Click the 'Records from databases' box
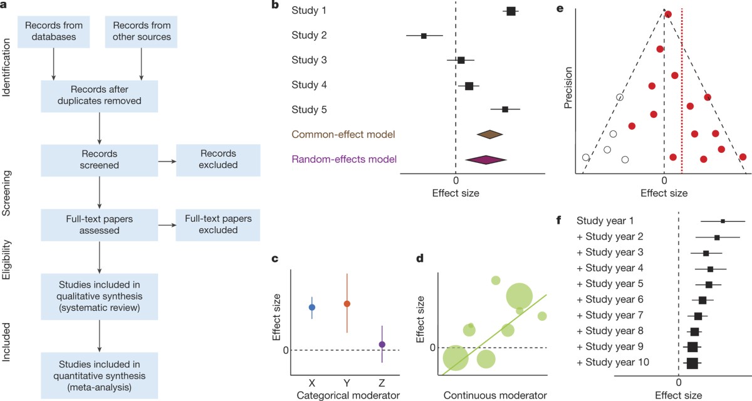click(55, 31)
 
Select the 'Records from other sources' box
click(142, 31)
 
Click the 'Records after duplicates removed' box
click(100, 95)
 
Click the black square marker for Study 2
click(424, 36)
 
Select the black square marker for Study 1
click(511, 11)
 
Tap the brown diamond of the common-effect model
click(490, 134)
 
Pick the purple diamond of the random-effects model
click(486, 160)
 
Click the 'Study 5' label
click(309, 110)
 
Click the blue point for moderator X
click(312, 307)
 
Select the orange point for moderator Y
click(347, 303)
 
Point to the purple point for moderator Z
click(382, 344)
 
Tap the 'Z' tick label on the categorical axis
click(382, 382)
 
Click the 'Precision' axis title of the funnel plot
click(569, 91)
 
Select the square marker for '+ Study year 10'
click(692, 362)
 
